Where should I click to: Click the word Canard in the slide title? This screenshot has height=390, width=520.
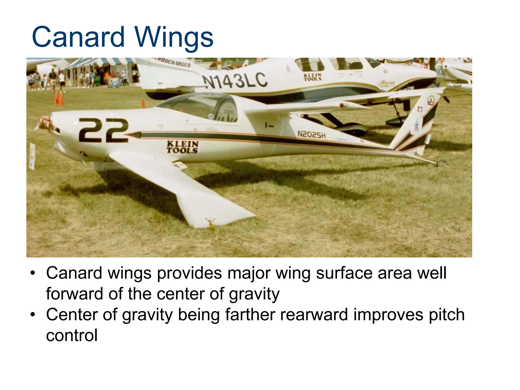(78, 37)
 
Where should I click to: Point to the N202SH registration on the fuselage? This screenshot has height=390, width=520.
(311, 134)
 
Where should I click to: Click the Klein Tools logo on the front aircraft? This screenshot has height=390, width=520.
(182, 147)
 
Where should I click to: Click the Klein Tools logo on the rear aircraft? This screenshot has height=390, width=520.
(313, 77)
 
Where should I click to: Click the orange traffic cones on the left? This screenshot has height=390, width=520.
(59, 99)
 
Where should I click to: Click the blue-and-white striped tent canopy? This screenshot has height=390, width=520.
(96, 62)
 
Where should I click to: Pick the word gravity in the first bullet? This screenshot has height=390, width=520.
(254, 294)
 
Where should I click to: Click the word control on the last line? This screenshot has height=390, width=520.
(72, 335)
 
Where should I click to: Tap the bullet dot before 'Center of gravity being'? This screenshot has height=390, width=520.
(32, 315)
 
